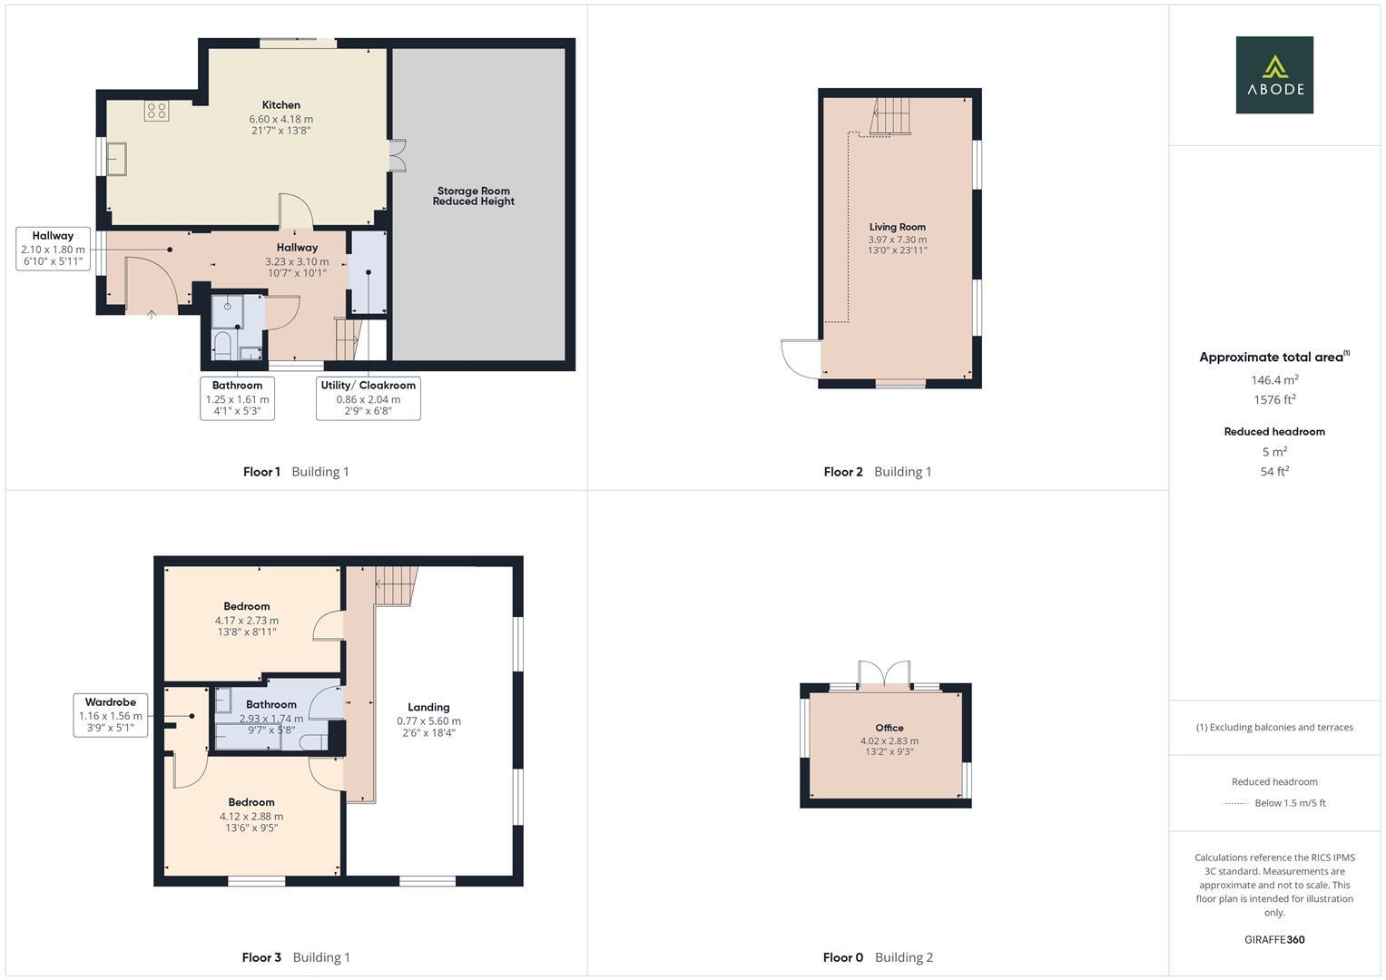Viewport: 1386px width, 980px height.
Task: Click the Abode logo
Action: (x=1273, y=75)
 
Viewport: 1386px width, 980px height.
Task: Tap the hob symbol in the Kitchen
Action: (x=156, y=111)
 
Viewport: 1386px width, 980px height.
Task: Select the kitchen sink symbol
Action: (x=117, y=159)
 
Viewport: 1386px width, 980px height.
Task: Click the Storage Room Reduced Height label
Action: (x=473, y=196)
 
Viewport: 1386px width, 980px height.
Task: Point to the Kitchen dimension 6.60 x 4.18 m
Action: (x=280, y=119)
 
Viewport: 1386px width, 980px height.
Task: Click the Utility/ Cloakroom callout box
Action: (x=368, y=397)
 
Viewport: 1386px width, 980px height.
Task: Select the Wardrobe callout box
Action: (x=110, y=715)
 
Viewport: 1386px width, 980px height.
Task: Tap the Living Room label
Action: (x=897, y=227)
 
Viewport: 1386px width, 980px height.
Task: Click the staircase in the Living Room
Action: (x=890, y=116)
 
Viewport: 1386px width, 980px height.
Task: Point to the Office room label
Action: (x=889, y=728)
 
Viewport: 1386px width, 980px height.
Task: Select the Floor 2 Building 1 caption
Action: (x=877, y=472)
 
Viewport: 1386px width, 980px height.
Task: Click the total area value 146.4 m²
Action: (x=1273, y=380)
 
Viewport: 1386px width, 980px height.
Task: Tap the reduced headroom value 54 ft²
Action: (x=1273, y=471)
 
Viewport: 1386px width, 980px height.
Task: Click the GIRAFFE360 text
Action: (x=1273, y=939)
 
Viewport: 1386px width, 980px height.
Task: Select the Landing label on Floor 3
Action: (x=428, y=707)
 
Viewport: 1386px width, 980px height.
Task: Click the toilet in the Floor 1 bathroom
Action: (x=222, y=346)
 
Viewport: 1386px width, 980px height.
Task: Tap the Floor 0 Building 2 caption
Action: (x=877, y=957)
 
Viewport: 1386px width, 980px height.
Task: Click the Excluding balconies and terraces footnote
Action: (x=1273, y=727)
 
